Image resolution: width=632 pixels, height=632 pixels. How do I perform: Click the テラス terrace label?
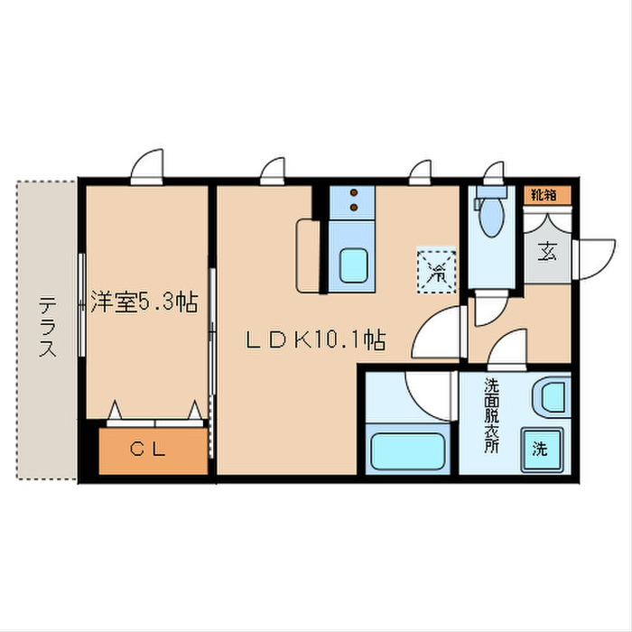pos(47,328)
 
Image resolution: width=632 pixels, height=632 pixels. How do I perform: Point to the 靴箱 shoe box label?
pos(544,194)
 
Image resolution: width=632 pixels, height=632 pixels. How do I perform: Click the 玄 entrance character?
pos(547,251)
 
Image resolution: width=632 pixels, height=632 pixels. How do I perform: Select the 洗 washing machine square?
pos(538,448)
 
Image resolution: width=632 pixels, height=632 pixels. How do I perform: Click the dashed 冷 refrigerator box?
pos(436,270)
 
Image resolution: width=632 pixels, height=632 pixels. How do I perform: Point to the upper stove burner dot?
pos(354,192)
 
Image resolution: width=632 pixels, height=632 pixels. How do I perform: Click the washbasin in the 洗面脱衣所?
pos(550,396)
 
